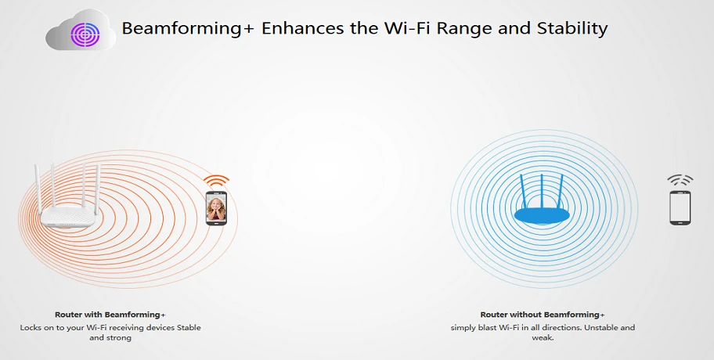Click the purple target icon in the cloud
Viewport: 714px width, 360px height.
tap(85, 34)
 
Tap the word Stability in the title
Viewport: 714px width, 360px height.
tap(572, 28)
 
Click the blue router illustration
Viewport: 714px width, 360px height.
tap(542, 200)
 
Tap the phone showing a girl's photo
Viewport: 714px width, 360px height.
tap(216, 208)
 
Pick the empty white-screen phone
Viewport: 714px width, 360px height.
tap(680, 207)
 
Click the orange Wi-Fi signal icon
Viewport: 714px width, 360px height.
tap(216, 180)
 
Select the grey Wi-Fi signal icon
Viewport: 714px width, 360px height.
tap(680, 180)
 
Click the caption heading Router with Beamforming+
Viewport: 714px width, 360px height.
tap(110, 315)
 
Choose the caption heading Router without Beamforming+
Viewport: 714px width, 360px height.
tap(543, 315)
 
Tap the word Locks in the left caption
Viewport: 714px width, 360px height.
tap(31, 328)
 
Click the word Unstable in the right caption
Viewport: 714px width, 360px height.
tap(602, 328)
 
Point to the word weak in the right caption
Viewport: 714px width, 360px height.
tap(542, 338)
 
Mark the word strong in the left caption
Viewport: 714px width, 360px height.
tap(119, 338)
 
